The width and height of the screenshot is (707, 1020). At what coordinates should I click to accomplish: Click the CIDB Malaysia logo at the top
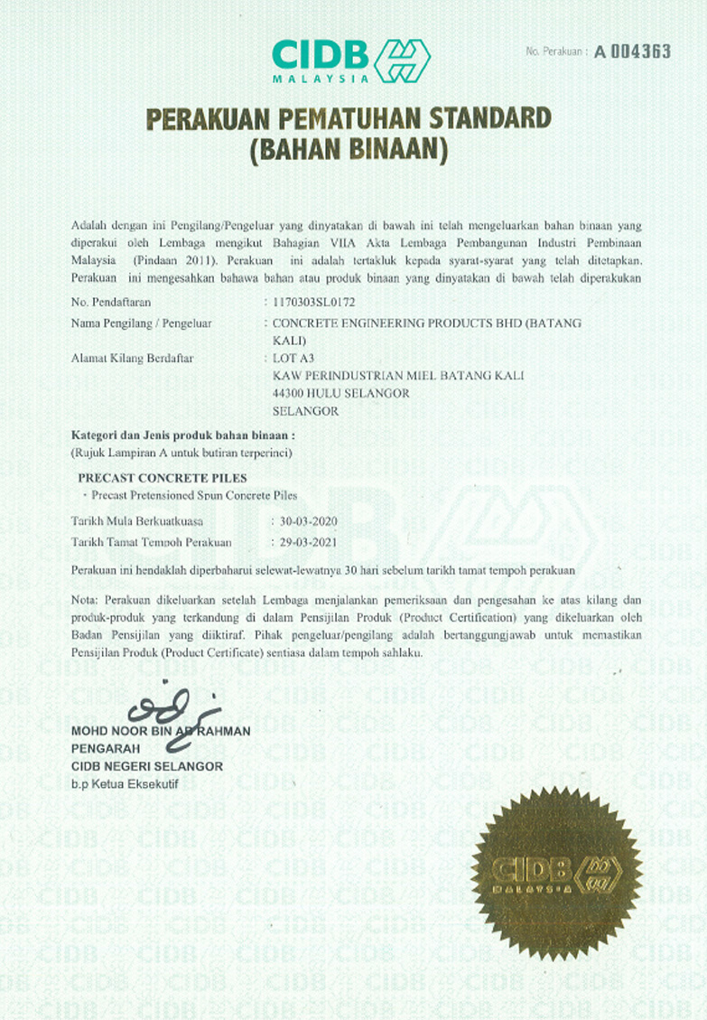point(350,61)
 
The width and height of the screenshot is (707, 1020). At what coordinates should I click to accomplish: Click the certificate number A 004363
point(632,51)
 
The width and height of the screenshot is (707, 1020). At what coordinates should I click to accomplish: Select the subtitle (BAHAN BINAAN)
point(349,149)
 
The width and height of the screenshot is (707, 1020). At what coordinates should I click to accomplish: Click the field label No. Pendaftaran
point(107,299)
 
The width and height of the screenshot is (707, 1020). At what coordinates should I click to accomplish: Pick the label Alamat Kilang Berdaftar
point(132,358)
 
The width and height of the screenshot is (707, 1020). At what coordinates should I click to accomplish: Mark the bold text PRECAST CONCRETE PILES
point(163,477)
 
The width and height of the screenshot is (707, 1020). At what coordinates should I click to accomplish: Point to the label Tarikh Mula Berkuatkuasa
point(137,521)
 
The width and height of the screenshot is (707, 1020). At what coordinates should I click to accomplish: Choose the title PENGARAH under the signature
point(105,749)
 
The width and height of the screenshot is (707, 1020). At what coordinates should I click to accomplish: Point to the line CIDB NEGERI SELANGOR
point(146,766)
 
